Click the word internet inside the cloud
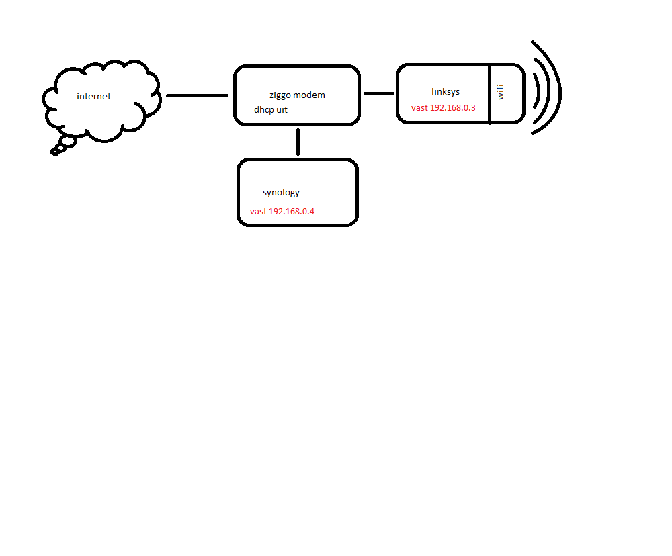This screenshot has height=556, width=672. click(x=93, y=97)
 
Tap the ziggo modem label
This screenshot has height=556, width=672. click(x=297, y=95)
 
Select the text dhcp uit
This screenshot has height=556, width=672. click(x=270, y=110)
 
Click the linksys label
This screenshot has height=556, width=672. click(x=446, y=92)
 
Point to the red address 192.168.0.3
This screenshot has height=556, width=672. click(x=452, y=108)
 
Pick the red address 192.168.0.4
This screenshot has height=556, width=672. click(x=292, y=211)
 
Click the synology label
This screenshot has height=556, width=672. click(x=281, y=192)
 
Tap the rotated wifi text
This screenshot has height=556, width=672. click(x=500, y=92)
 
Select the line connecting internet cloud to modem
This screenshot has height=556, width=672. click(x=197, y=95)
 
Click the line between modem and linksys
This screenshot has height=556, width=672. click(x=379, y=93)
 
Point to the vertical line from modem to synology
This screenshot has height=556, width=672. click(x=298, y=142)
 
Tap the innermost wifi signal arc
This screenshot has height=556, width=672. click(x=538, y=91)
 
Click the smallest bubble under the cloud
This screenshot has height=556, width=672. click(x=54, y=152)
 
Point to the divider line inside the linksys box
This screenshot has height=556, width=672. click(x=489, y=94)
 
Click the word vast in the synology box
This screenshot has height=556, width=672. click(x=258, y=211)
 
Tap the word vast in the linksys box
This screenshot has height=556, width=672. click(x=419, y=108)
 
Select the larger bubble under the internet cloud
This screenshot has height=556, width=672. click(x=68, y=142)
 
